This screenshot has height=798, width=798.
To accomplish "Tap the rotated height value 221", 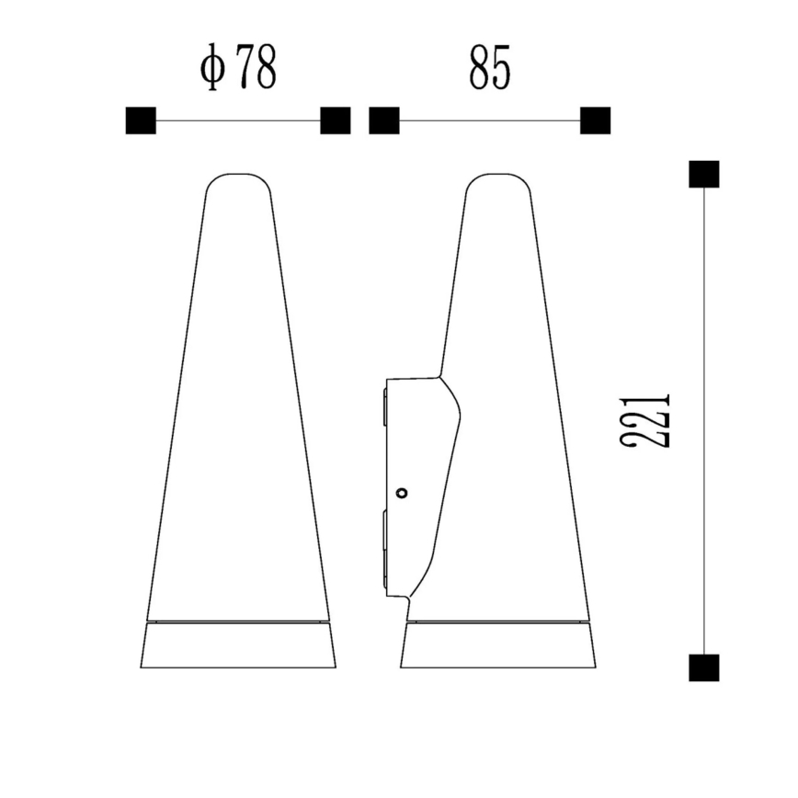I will pyautogui.click(x=645, y=422).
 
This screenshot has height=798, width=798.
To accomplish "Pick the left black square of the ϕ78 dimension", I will pyautogui.click(x=141, y=120).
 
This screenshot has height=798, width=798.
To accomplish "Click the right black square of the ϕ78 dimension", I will pyautogui.click(x=335, y=120).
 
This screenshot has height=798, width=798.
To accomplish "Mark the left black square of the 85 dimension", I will pyautogui.click(x=384, y=120).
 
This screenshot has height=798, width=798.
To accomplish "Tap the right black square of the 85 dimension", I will pyautogui.click(x=596, y=120).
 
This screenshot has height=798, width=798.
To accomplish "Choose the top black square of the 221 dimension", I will pyautogui.click(x=704, y=174).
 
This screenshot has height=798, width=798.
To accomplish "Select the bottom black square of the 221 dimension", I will pyautogui.click(x=704, y=667).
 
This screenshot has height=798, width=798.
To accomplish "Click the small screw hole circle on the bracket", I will pyautogui.click(x=401, y=493).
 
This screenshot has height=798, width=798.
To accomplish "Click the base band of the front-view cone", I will pyautogui.click(x=238, y=645).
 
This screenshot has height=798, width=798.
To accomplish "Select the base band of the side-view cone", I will pyautogui.click(x=498, y=645).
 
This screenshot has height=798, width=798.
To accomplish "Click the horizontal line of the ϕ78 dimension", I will pyautogui.click(x=238, y=120).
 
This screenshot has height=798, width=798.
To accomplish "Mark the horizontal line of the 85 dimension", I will pyautogui.click(x=490, y=120).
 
